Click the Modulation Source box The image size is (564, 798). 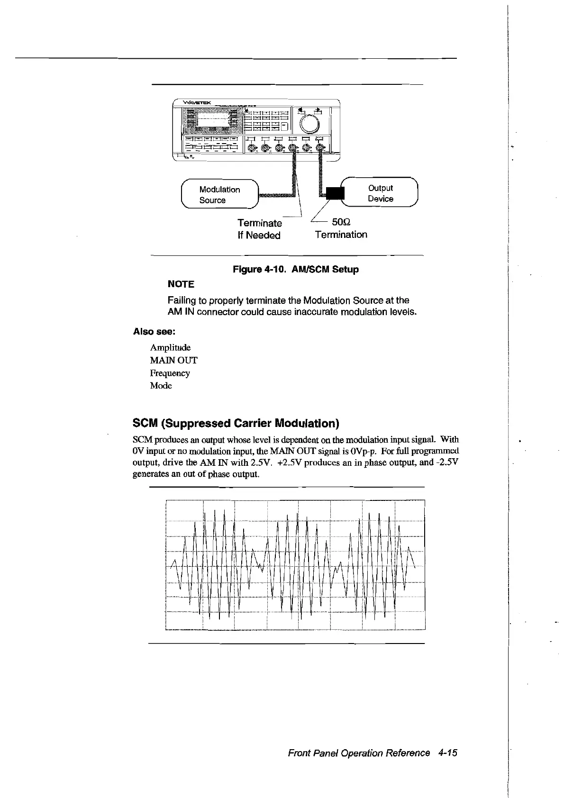(x=219, y=195)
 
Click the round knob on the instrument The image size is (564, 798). (x=311, y=123)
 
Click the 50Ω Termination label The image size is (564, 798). (x=341, y=228)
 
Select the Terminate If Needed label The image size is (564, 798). (x=259, y=229)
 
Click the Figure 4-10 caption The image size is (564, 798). (x=295, y=270)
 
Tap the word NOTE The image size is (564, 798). (x=181, y=284)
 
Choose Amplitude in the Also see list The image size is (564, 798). (x=170, y=348)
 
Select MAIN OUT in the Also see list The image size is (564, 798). (x=173, y=360)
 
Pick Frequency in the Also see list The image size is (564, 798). (x=170, y=373)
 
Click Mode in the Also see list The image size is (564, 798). (x=161, y=386)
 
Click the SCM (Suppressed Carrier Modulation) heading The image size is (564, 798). (x=236, y=423)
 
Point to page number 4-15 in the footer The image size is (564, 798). (x=447, y=753)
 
